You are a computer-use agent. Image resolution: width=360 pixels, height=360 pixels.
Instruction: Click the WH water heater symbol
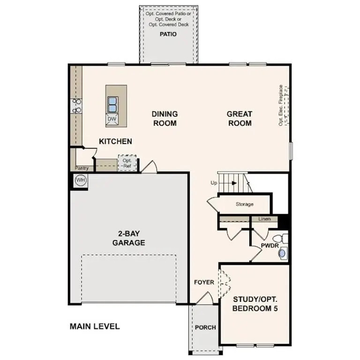[80, 180]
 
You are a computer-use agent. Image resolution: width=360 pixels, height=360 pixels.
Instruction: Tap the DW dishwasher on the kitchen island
[112, 119]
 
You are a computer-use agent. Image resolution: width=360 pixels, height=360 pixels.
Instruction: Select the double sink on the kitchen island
[112, 103]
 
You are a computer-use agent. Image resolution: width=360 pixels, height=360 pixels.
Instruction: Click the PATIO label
[168, 34]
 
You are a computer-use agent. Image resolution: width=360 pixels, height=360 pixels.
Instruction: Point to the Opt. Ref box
[127, 163]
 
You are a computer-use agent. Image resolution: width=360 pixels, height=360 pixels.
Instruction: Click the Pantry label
[82, 168]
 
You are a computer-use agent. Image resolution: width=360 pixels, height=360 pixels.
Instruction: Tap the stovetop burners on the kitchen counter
[76, 105]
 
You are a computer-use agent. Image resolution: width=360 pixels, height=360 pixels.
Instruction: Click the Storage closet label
[244, 204]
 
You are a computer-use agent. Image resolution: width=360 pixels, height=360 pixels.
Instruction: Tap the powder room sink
[282, 253]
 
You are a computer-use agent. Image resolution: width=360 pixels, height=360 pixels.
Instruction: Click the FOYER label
[204, 282]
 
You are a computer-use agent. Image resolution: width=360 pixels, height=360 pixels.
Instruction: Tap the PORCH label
[205, 327]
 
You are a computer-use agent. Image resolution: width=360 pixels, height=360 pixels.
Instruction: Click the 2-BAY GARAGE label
[128, 239]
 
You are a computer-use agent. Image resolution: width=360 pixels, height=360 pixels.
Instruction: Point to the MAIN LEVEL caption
[95, 326]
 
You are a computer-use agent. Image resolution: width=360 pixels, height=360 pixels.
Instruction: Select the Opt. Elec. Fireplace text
[281, 105]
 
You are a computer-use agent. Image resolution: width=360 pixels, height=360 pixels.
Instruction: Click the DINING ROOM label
[165, 119]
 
